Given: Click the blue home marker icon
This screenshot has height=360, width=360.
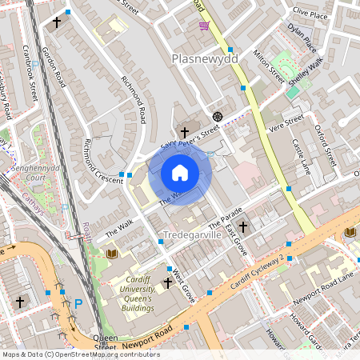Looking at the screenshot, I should click(179, 173).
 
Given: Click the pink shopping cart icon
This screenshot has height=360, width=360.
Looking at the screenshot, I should click(205, 26).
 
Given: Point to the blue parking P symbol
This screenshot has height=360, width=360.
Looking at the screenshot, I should click(78, 303).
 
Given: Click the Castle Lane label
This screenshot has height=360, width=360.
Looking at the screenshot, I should click(300, 157).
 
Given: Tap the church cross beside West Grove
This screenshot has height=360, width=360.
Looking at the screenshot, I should click(168, 282).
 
